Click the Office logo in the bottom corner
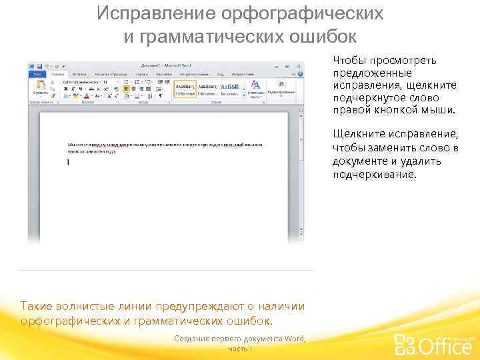(x=433, y=343)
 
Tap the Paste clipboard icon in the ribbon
(x=40, y=87)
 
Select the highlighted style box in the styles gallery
(x=185, y=89)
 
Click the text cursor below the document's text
(x=68, y=162)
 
